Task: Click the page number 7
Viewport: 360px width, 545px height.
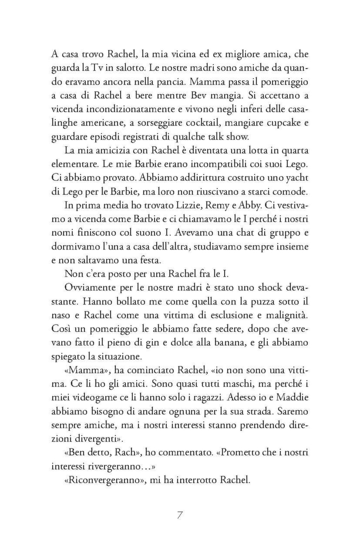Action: click(x=180, y=515)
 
